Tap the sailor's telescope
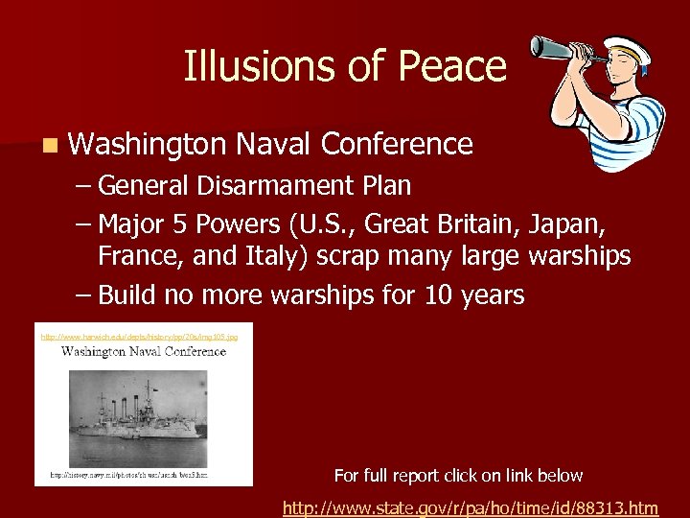pos(566,47)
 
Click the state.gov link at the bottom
pos(471,507)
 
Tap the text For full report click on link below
pos(458,475)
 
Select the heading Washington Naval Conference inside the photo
pos(144,351)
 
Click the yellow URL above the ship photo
pos(145,337)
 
